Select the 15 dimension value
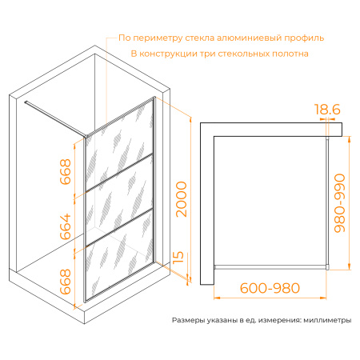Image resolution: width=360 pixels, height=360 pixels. pos(180,258)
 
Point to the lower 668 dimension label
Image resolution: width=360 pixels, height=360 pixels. pos(66,282)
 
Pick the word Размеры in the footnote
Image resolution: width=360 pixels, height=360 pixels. pos(190,320)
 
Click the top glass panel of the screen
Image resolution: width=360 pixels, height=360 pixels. pos(120,140)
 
